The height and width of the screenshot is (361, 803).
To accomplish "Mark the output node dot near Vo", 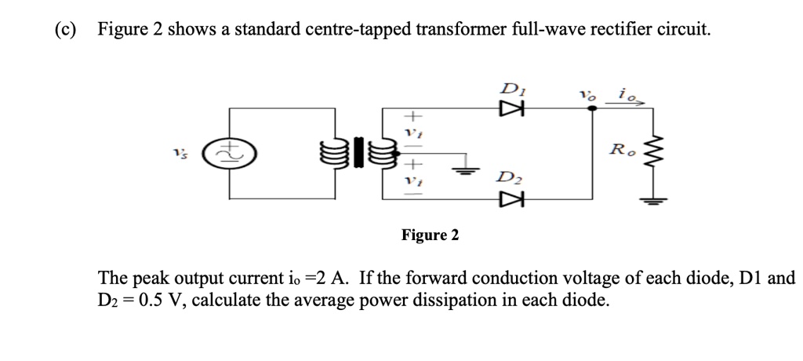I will tap(591, 110).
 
